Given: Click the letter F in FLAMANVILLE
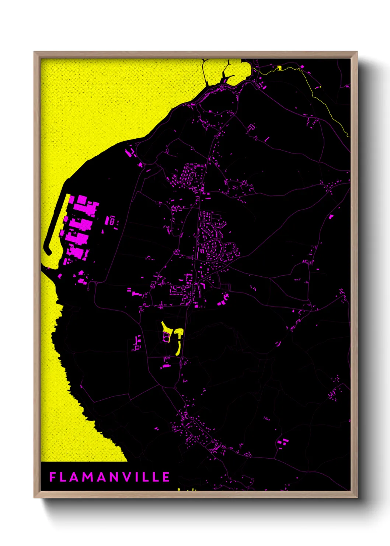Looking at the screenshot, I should (53, 477).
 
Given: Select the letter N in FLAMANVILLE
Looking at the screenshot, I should (114, 477).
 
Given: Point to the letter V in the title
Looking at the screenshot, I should (127, 477).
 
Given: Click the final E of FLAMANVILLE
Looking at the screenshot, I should (166, 477).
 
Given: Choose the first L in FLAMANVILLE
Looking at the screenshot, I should (63, 477).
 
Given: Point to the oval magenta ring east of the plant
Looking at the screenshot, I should (112, 222).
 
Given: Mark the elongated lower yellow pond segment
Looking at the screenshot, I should (178, 347).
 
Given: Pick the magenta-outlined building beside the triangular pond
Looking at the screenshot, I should (166, 336).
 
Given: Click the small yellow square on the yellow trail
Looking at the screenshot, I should (280, 68).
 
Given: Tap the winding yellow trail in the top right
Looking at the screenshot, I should (324, 103).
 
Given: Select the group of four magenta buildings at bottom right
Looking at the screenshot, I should (283, 442).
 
